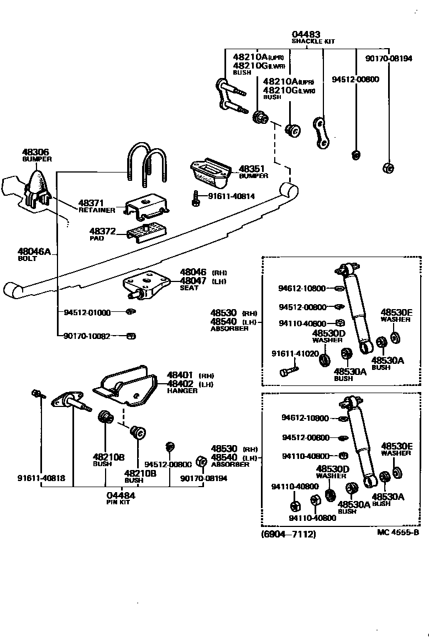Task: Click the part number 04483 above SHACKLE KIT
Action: tap(307, 34)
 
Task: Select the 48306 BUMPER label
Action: tap(36, 155)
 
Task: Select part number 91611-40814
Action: tap(232, 196)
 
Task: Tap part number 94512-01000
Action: tap(87, 312)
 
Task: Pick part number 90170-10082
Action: tap(87, 336)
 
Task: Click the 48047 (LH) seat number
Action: tap(193, 281)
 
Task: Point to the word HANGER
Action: tap(182, 390)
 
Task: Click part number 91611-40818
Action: tap(40, 478)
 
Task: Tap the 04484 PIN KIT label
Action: tap(121, 498)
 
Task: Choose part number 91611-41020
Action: tap(295, 353)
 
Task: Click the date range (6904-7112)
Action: tap(289, 535)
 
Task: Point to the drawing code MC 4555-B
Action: tap(397, 532)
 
